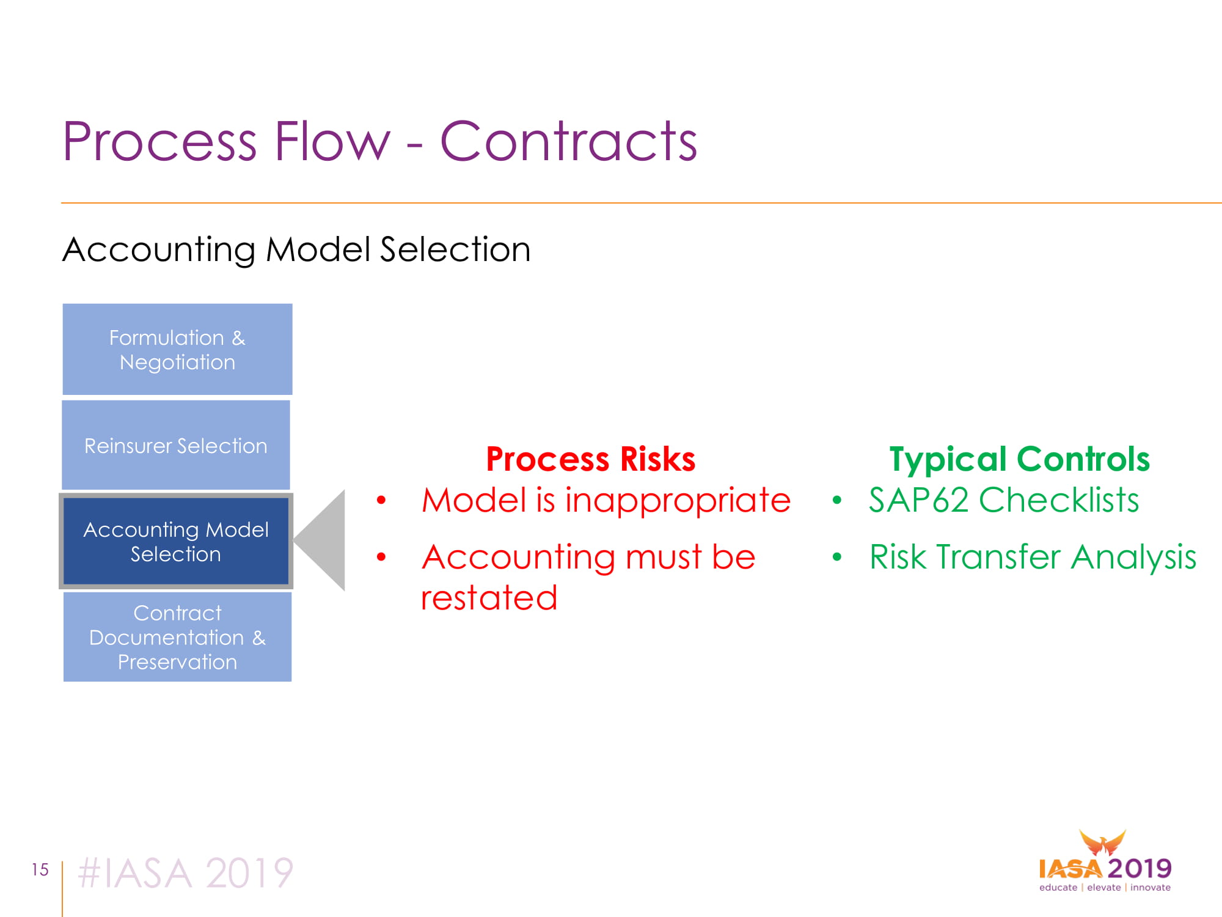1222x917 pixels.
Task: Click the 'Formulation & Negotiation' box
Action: tap(177, 349)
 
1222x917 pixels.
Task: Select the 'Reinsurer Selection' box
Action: tap(176, 445)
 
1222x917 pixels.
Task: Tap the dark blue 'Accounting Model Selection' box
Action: tap(176, 541)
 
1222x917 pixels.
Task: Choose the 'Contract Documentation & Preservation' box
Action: tap(177, 637)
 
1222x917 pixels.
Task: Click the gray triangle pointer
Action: tap(324, 540)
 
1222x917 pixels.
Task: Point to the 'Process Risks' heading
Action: tap(591, 459)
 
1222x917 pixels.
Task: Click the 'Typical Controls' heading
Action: tap(1019, 459)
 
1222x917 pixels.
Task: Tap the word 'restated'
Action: tap(489, 597)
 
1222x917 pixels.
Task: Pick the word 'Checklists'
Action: tap(1059, 499)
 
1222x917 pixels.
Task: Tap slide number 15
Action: tap(40, 869)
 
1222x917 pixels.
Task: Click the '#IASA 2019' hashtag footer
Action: tap(186, 872)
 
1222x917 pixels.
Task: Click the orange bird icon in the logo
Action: tap(1102, 843)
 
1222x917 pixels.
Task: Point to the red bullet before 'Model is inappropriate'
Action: tap(382, 501)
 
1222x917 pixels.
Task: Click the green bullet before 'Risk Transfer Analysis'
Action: tap(837, 557)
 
